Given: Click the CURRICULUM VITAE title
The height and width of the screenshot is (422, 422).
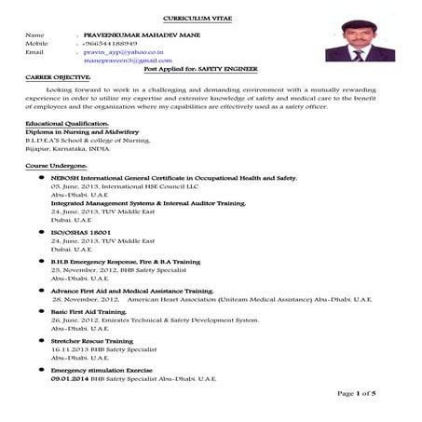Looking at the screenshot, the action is click(210, 18).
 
